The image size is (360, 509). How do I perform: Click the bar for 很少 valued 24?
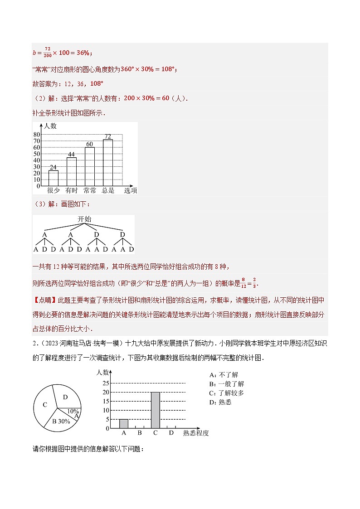click(54, 178)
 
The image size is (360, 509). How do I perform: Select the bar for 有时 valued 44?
click(72, 171)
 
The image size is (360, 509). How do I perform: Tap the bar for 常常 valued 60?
click(90, 166)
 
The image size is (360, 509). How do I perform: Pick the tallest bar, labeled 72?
click(108, 162)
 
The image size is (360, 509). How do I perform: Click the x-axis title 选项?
click(131, 190)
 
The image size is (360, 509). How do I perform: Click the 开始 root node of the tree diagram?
click(84, 219)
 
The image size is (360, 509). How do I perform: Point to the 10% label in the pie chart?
click(73, 411)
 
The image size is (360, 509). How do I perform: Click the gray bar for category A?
click(123, 423)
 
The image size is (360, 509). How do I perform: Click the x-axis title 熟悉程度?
click(196, 433)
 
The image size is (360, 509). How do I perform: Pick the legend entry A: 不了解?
click(224, 375)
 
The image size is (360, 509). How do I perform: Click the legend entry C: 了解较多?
click(227, 393)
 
